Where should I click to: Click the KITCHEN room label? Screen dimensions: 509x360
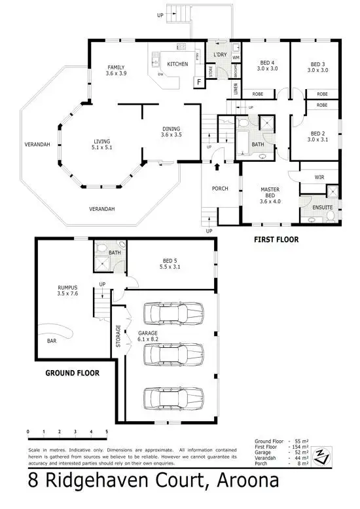tap(177, 64)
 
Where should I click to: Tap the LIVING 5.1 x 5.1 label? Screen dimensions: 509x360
tap(101, 144)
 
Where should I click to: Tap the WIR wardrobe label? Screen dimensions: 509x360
tap(319, 177)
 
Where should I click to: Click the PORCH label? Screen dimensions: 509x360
tap(219, 189)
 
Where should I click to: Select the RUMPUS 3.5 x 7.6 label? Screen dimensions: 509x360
tap(67, 290)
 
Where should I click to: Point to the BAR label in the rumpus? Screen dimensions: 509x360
tap(50, 341)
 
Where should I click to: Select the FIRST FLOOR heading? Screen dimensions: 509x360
tap(276, 240)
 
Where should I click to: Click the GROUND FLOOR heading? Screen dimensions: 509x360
tap(72, 373)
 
